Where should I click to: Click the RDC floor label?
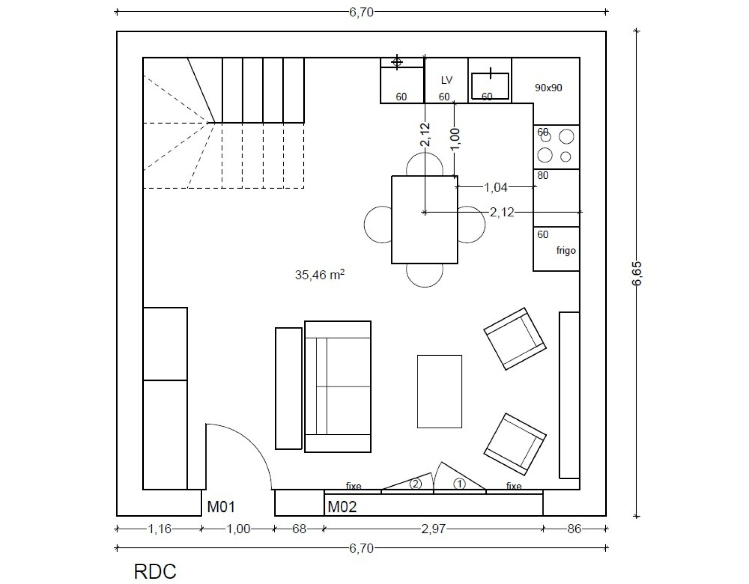155,571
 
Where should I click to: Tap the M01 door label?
221,507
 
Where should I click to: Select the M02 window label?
342,507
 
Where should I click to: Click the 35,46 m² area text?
320,275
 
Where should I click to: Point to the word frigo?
566,250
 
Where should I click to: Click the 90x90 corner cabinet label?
548,88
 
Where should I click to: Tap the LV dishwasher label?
447,80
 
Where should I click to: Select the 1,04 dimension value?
496,188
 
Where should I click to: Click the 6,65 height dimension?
637,273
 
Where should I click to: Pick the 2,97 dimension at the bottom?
433,528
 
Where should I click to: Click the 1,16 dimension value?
159,528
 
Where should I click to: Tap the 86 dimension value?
574,528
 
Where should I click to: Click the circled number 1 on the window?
459,484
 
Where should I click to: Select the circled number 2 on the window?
415,484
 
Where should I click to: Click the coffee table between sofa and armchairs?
440,391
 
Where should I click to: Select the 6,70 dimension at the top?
361,13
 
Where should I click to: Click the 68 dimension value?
299,528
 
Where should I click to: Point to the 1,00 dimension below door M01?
238,528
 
